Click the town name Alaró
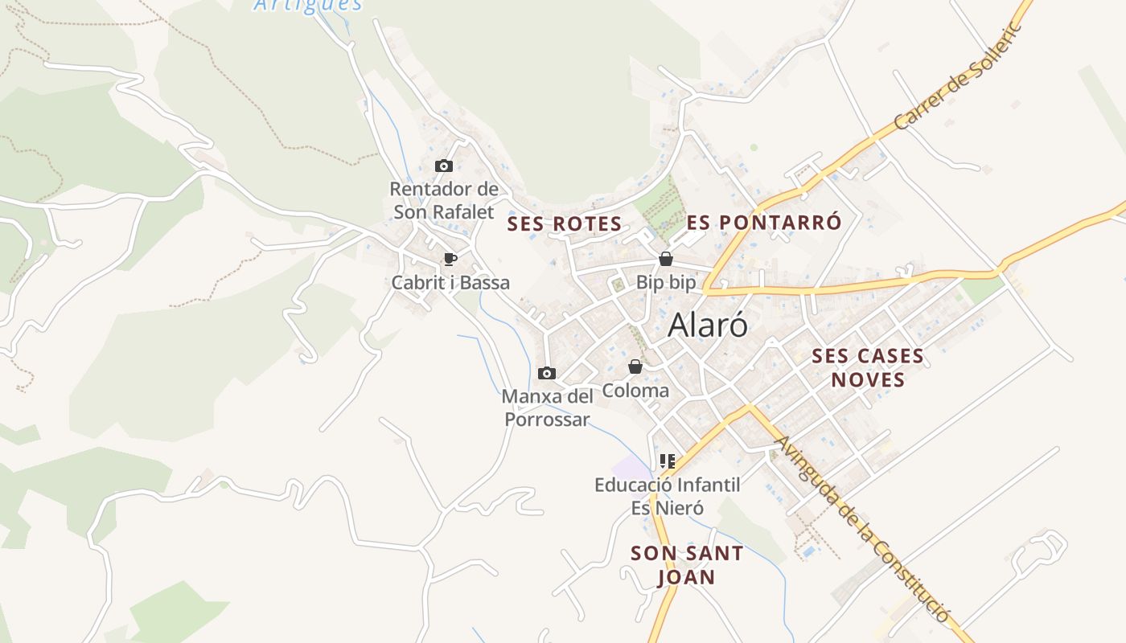708,326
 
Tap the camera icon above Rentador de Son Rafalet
443,166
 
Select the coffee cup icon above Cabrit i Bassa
450,259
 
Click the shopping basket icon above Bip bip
665,259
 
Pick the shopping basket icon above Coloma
635,367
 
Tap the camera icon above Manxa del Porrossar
547,373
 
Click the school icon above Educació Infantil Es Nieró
667,461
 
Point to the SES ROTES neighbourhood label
565,224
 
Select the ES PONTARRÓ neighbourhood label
764,223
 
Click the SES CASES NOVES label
868,367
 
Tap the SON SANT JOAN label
687,565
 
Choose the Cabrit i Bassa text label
450,283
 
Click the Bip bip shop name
665,282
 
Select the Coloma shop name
635,391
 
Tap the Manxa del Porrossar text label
547,408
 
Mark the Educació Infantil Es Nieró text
667,496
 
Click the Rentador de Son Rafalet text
444,201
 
